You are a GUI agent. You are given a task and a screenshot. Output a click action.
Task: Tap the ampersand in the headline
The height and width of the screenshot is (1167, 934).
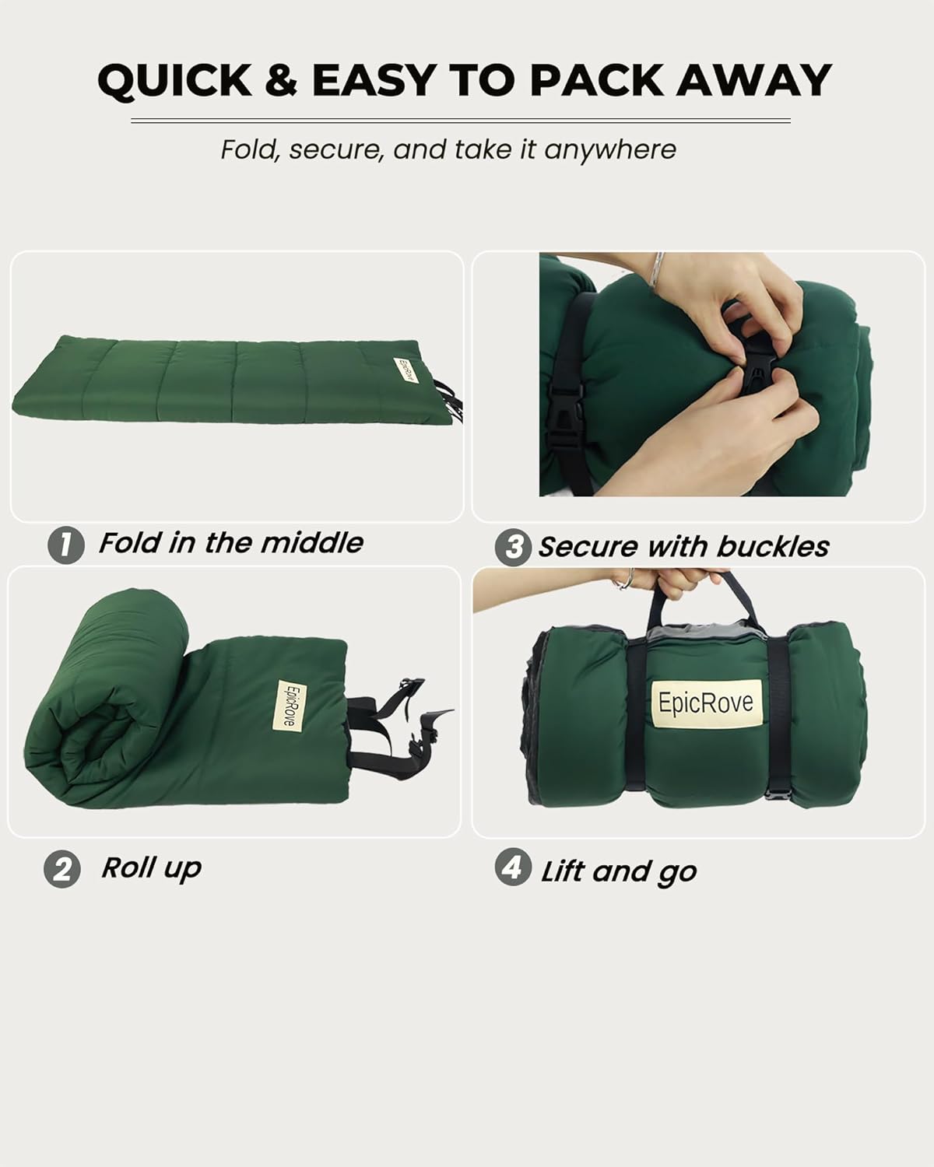[x=281, y=80]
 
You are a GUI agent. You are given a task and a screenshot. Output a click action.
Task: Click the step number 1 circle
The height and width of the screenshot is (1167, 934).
[x=65, y=545]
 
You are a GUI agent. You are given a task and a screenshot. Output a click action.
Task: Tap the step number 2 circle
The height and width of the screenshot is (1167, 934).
[x=62, y=869]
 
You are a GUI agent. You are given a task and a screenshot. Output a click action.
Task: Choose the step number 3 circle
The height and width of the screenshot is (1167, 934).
[x=514, y=547]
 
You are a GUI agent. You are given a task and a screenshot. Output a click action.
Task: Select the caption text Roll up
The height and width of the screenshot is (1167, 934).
[x=152, y=867]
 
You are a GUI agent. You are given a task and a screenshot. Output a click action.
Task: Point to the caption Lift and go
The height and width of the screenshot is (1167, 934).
[x=619, y=871]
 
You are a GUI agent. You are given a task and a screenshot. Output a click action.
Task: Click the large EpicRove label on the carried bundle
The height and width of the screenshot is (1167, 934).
[x=706, y=703]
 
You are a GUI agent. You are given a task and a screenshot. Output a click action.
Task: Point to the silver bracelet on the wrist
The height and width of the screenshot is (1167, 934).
[x=658, y=272]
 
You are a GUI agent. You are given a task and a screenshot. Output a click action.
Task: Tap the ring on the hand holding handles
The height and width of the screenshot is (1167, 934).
[x=625, y=579]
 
